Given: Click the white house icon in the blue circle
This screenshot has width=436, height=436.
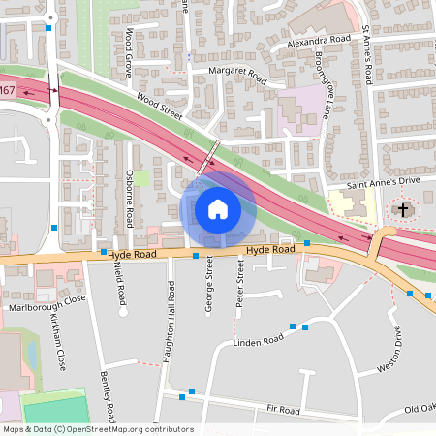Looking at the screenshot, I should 218,208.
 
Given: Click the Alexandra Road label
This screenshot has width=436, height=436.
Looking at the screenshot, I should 319,41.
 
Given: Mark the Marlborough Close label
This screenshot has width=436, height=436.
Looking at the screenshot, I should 47,308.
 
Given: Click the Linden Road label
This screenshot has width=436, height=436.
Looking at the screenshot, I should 258,340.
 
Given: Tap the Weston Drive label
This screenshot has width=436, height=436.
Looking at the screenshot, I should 396,348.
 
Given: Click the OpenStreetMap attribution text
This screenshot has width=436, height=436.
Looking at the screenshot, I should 97,429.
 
